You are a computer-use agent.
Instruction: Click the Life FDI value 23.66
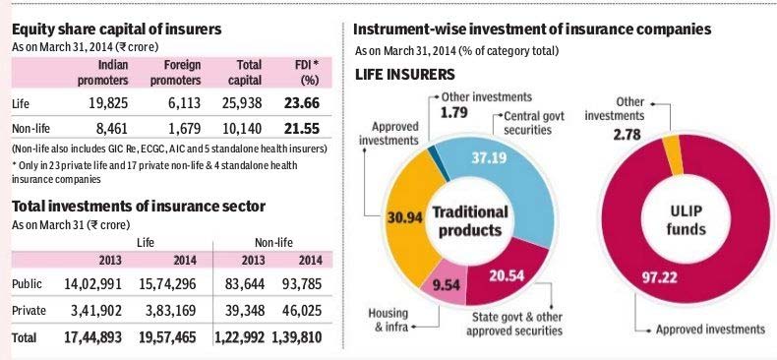[302, 103]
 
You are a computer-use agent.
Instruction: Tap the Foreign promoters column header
[175, 73]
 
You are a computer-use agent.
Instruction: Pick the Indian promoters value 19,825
[108, 103]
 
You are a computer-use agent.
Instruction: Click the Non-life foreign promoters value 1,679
[183, 129]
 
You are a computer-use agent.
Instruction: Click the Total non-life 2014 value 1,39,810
[297, 337]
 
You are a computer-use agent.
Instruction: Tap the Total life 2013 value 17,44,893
[92, 337]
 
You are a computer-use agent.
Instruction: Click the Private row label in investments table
[29, 311]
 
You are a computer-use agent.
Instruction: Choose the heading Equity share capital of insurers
[116, 30]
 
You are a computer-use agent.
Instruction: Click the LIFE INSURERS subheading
[405, 75]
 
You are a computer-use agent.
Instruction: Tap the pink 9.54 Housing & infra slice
[444, 287]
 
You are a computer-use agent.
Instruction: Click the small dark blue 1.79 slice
[438, 163]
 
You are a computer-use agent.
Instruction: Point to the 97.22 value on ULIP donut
[656, 277]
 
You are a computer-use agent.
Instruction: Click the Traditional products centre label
[470, 221]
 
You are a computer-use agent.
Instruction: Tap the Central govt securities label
[528, 123]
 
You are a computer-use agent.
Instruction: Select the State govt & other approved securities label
[514, 324]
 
